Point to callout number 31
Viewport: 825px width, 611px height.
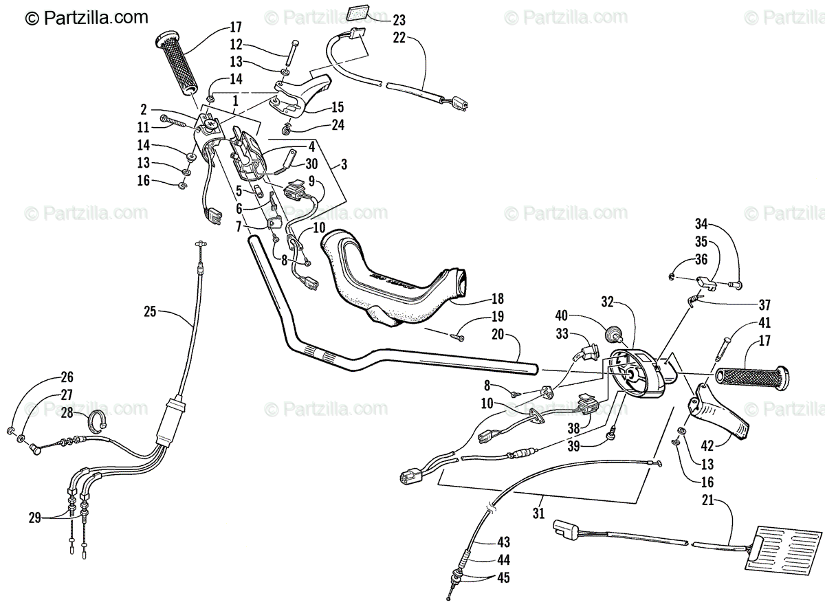538,512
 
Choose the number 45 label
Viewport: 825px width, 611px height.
504,578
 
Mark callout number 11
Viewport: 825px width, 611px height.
143,127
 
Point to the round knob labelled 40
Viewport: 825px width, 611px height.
612,335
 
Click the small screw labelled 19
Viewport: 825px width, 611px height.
458,337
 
